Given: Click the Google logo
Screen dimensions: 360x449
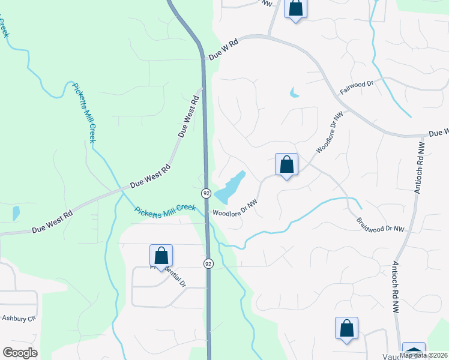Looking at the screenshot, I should [20, 353].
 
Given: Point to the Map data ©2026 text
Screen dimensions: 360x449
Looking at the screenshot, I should [424, 355].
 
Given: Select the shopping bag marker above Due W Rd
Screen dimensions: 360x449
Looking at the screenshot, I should [295, 8].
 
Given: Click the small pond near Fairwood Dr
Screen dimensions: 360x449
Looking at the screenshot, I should [294, 93].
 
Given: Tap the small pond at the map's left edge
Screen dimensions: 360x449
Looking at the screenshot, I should [16, 212].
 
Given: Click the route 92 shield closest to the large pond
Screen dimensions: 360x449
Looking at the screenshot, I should [206, 193].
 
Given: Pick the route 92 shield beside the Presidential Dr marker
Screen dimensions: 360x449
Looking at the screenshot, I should [208, 263].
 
